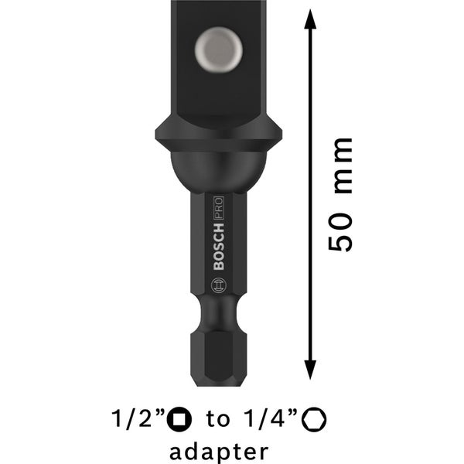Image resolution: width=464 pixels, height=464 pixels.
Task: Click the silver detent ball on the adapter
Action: click(x=218, y=48)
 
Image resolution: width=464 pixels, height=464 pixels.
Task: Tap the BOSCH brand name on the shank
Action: click(x=218, y=248)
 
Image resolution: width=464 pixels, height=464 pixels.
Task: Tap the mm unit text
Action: click(x=341, y=166)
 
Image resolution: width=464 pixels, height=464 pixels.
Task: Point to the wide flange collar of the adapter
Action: click(x=218, y=136)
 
